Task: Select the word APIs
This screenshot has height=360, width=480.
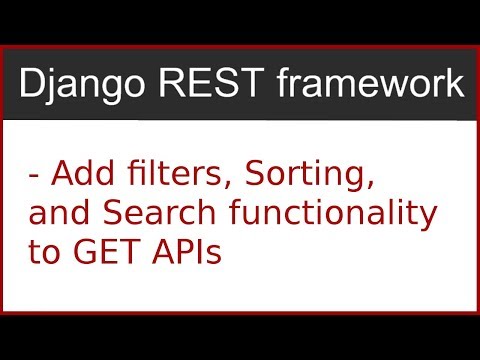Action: click(x=187, y=251)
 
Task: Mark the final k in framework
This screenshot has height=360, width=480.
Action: click(x=455, y=85)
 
